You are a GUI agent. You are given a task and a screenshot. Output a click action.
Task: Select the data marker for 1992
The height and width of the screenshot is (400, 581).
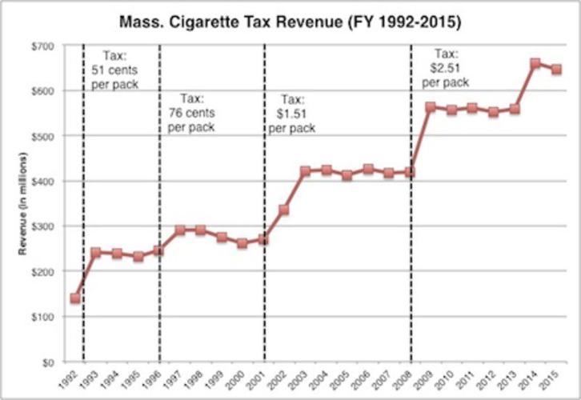click(75, 298)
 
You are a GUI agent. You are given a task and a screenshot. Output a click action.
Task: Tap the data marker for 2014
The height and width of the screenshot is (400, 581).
click(535, 63)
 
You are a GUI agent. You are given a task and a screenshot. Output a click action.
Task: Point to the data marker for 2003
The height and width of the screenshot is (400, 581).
click(305, 171)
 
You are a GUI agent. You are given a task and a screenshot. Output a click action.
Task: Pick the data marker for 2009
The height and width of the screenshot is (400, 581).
click(431, 106)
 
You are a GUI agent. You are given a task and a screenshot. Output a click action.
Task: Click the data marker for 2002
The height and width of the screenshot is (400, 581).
click(284, 210)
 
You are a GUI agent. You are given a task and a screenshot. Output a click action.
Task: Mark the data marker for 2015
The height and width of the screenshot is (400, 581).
click(556, 69)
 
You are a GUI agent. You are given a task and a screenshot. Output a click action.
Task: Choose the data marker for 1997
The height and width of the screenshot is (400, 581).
click(180, 230)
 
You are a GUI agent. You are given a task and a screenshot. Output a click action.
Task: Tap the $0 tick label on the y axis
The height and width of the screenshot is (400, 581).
click(50, 362)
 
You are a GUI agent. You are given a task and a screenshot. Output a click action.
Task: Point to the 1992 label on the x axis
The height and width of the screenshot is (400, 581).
click(70, 378)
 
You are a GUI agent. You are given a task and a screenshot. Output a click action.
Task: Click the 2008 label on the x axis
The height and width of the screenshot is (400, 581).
click(405, 378)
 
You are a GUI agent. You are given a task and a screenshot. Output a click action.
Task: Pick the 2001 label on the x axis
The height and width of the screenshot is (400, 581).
click(258, 378)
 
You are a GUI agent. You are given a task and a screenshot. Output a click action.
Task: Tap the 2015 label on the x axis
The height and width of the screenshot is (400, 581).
click(551, 378)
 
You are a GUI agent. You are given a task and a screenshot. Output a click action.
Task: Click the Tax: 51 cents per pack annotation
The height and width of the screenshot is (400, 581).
click(113, 69)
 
